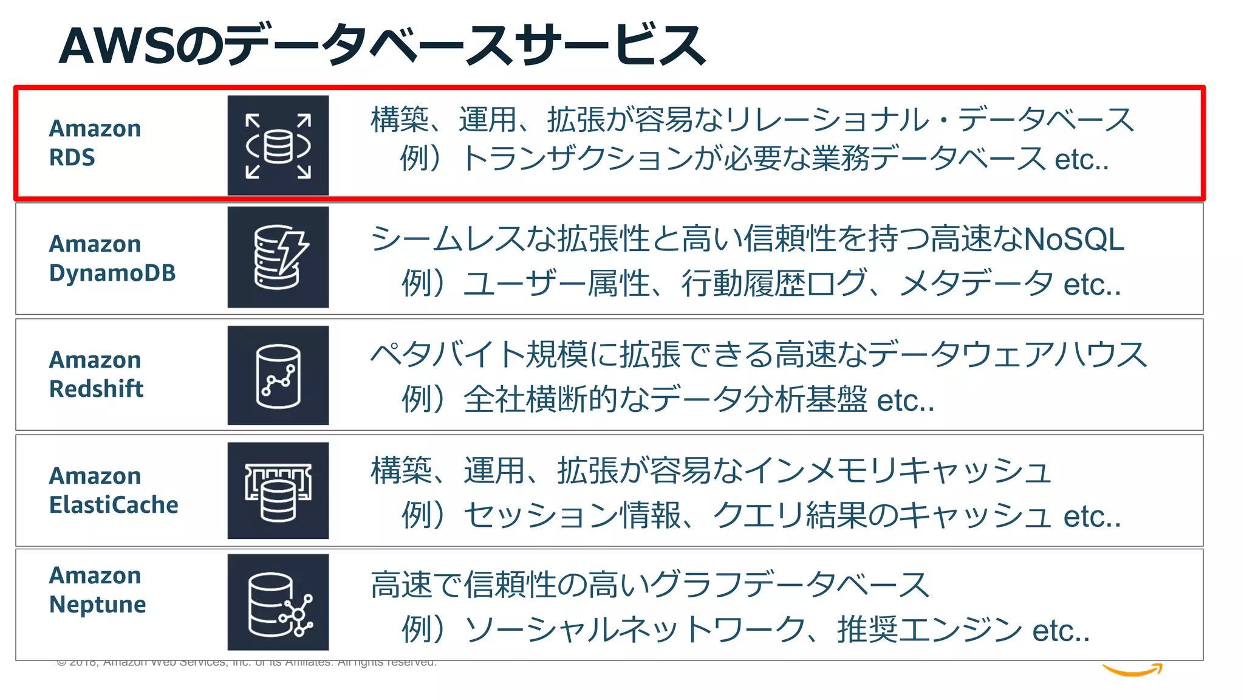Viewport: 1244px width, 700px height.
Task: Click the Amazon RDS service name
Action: [x=95, y=143]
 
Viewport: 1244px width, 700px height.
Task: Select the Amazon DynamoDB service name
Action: [x=112, y=258]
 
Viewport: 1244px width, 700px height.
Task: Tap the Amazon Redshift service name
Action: [x=96, y=374]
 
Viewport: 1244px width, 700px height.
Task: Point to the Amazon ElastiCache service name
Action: [x=114, y=490]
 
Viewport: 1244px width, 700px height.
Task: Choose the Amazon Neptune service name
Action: [x=97, y=589]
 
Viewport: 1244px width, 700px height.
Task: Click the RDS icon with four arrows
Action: [x=278, y=146]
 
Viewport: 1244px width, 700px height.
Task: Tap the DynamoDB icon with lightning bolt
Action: [x=278, y=257]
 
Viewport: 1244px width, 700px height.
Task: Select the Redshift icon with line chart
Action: [x=278, y=376]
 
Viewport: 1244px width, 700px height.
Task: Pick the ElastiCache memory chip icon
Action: [x=278, y=491]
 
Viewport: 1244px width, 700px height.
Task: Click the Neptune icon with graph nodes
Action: [x=278, y=602]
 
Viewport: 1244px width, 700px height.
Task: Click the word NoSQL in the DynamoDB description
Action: [x=1074, y=239]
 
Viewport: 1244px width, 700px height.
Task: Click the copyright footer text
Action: [x=246, y=662]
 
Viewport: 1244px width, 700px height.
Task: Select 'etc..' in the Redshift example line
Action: [x=905, y=400]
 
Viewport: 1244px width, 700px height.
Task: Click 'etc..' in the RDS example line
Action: [x=1082, y=160]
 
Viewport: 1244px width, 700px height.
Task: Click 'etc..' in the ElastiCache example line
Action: [x=1092, y=516]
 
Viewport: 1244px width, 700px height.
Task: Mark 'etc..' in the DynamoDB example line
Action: [x=1092, y=284]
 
